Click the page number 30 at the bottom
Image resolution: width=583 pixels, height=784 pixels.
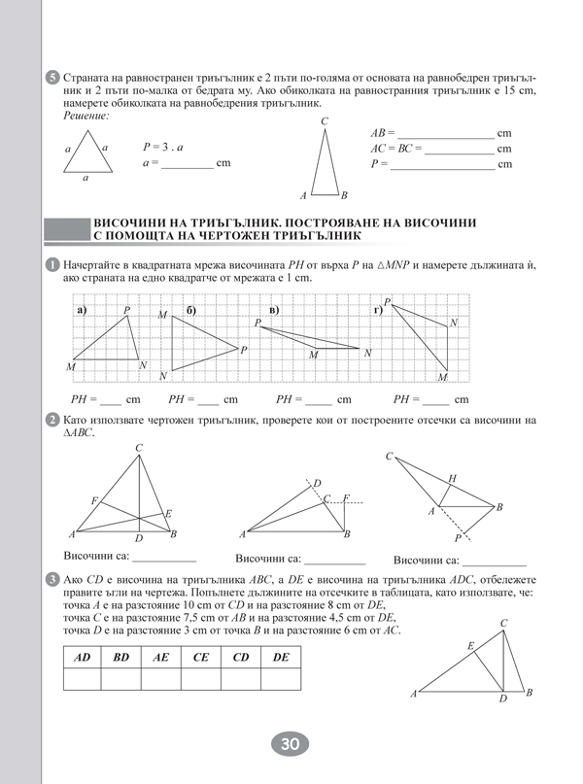290,744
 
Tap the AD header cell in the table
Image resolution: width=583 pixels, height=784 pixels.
83,658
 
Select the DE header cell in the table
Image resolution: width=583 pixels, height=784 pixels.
281,658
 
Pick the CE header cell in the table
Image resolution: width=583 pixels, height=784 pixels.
201,658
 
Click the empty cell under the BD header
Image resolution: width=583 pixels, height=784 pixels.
121,679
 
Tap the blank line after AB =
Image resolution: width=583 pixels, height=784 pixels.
446,133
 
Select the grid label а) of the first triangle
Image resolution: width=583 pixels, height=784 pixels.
81,310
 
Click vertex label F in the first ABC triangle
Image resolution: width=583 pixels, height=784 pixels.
94,500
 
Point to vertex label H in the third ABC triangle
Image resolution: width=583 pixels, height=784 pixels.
452,478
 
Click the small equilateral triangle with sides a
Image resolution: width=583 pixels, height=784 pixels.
86,153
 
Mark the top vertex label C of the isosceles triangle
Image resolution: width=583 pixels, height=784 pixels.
325,120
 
